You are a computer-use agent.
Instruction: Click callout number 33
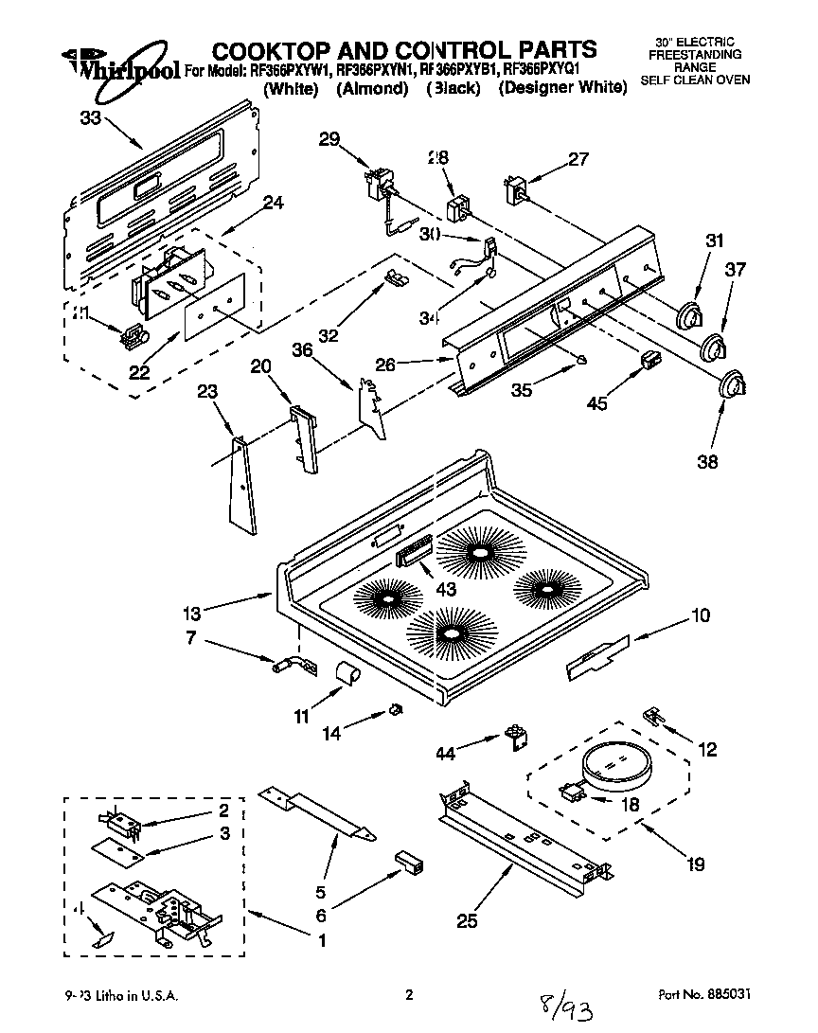click(x=89, y=117)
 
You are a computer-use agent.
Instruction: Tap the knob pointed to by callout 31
click(x=692, y=315)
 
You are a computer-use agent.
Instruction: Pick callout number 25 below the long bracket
click(x=466, y=919)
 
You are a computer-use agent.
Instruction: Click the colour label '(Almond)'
click(x=372, y=88)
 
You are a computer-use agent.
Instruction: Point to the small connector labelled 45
click(x=649, y=360)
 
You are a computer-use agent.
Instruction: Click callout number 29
click(x=329, y=140)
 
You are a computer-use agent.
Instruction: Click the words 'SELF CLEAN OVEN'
click(x=695, y=80)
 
